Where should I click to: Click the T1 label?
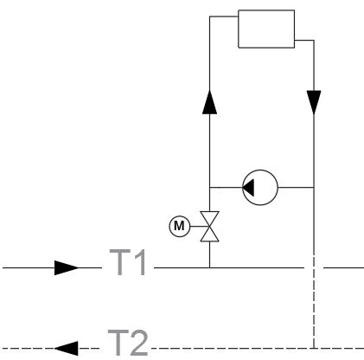[x=128, y=262]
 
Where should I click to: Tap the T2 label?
[x=128, y=343]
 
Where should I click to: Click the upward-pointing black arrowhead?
[x=209, y=102]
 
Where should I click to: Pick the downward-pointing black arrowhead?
[x=314, y=102]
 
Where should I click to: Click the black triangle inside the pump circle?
[x=248, y=188]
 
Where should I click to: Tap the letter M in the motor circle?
[x=179, y=226]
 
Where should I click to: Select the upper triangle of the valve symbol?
[x=209, y=218]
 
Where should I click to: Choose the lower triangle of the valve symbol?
[x=209, y=235]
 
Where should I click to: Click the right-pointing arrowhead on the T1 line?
[x=67, y=268]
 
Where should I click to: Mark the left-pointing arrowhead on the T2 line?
[x=67, y=349]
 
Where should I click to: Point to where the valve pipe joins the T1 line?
[x=209, y=268]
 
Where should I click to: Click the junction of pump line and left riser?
[x=209, y=188]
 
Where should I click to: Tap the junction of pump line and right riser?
[x=314, y=188]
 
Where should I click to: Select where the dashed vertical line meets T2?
[x=314, y=349]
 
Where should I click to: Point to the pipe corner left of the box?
[x=210, y=16]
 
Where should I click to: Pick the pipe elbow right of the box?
[x=314, y=41]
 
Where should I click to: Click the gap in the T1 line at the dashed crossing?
[x=314, y=268]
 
